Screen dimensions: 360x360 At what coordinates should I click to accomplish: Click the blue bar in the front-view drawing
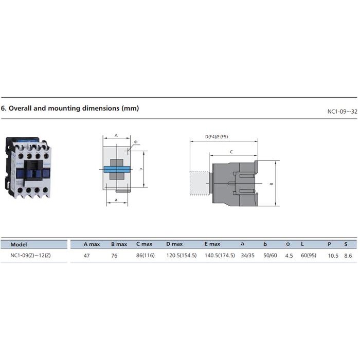click(116, 169)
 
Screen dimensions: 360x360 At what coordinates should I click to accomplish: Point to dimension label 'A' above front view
click(116, 135)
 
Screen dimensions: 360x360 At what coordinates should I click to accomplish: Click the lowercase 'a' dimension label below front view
click(116, 199)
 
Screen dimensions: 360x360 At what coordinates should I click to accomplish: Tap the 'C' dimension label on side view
click(231, 152)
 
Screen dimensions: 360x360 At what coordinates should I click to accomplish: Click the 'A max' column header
click(92, 244)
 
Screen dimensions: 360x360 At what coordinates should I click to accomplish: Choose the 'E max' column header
click(212, 244)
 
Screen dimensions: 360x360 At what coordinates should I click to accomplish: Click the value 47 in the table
click(87, 256)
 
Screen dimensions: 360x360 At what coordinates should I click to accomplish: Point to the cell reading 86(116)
click(146, 256)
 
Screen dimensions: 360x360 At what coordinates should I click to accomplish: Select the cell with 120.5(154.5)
click(181, 256)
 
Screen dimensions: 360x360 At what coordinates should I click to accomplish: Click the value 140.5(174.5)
click(220, 256)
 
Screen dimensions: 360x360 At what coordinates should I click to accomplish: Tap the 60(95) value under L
click(309, 256)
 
